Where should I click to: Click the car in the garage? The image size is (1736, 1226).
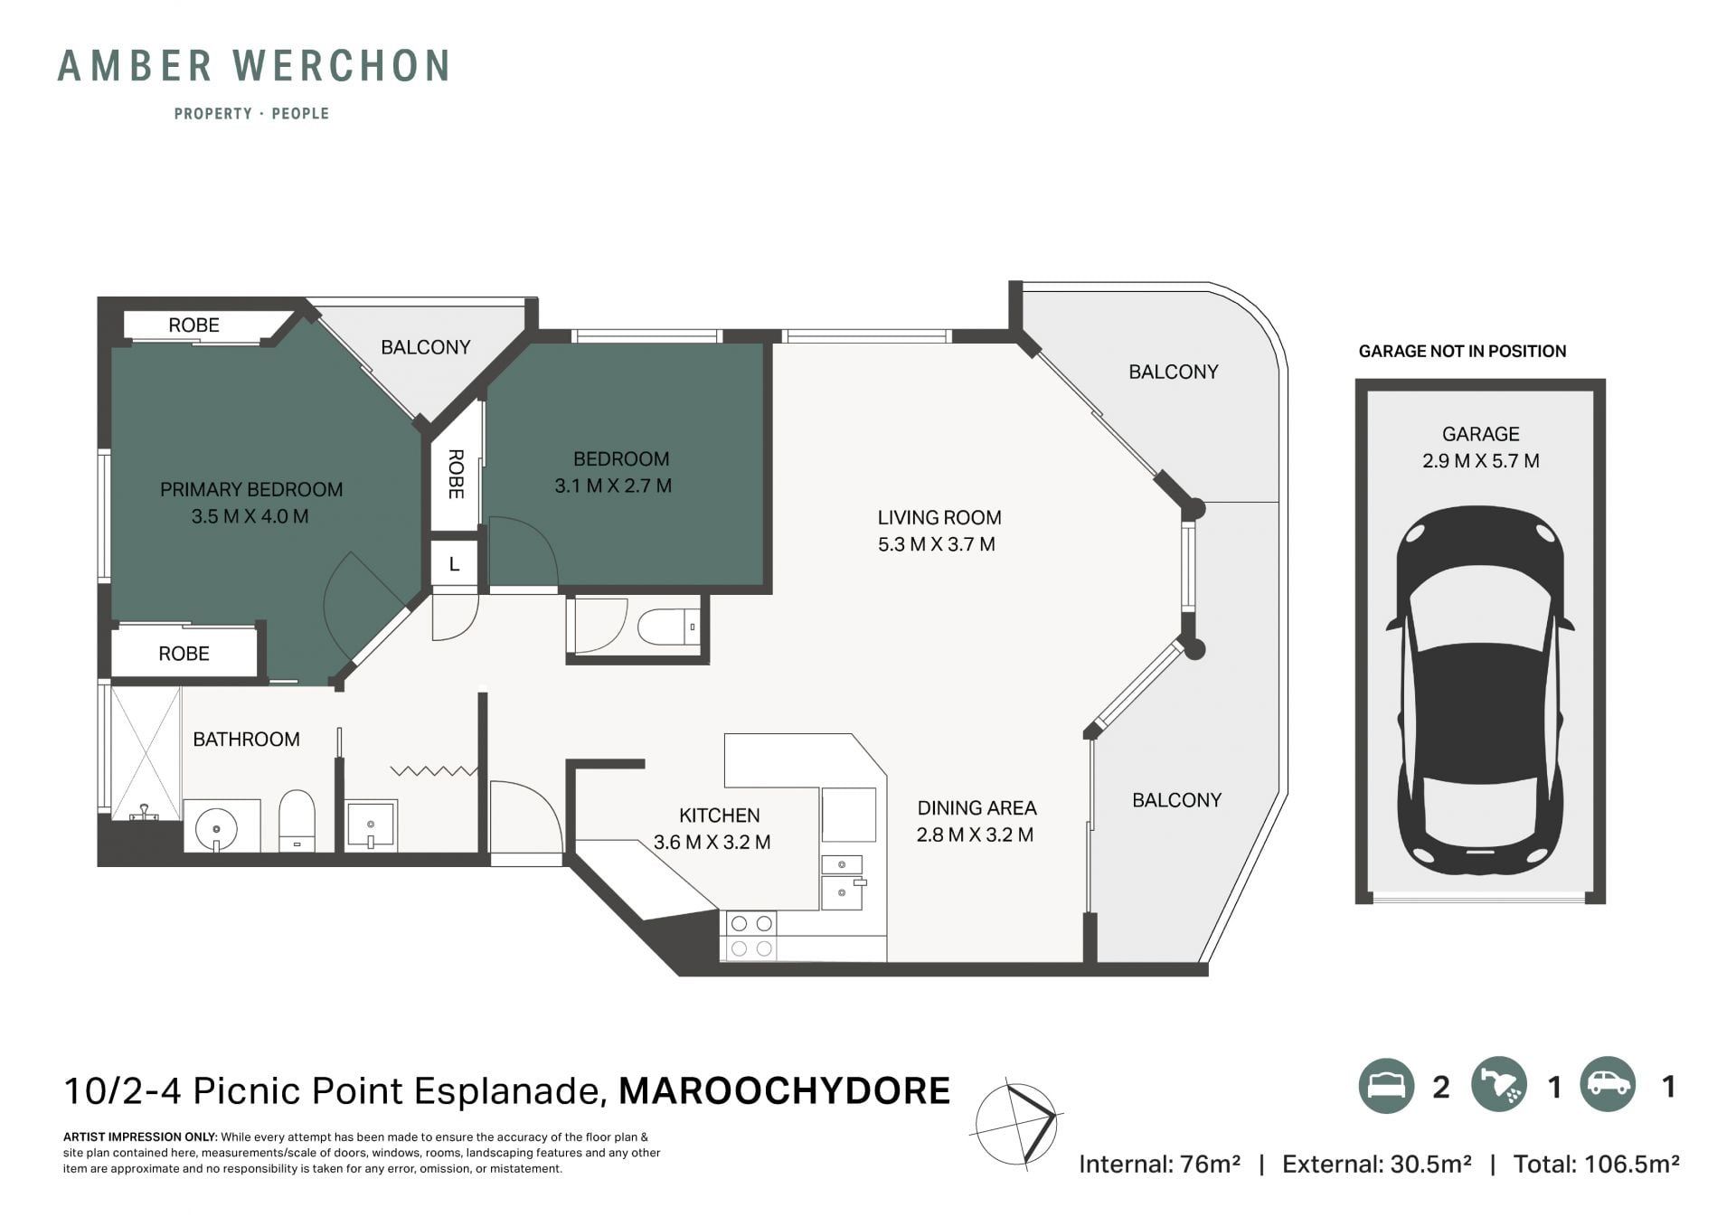(x=1480, y=690)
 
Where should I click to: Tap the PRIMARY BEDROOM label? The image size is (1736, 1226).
(x=251, y=489)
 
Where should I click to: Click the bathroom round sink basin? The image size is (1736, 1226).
(x=216, y=828)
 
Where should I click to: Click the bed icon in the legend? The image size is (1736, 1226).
(x=1386, y=1086)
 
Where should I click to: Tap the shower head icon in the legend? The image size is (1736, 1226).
(x=1498, y=1086)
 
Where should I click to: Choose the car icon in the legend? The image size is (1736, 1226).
(x=1609, y=1085)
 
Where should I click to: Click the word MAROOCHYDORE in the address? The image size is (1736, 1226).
(x=784, y=1091)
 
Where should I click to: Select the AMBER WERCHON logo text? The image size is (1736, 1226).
(x=254, y=66)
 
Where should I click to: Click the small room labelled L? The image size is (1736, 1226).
(x=454, y=564)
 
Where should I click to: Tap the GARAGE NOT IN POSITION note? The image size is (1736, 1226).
(x=1462, y=351)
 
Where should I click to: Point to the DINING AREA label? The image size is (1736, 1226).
(x=976, y=807)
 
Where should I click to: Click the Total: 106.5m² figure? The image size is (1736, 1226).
(x=1596, y=1164)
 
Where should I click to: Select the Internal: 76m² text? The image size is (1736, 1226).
(x=1159, y=1164)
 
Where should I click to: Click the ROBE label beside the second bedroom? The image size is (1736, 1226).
(x=456, y=474)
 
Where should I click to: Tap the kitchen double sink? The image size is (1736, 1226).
(x=843, y=882)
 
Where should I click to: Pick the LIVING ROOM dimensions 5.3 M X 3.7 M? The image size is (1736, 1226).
(x=937, y=544)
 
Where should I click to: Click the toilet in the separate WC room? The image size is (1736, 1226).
(x=668, y=627)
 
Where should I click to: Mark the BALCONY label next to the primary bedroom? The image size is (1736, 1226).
(x=426, y=347)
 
